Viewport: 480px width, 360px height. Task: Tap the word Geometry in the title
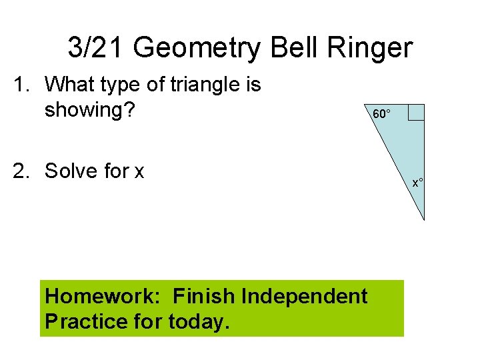(x=203, y=48)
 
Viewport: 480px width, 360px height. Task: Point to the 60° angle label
(x=382, y=114)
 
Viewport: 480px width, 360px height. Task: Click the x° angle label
(x=418, y=182)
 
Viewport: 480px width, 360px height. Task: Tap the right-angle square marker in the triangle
(x=416, y=112)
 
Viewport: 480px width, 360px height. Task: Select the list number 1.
(x=22, y=85)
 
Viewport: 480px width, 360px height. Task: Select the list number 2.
(x=22, y=171)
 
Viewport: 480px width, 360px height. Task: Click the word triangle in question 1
(x=200, y=85)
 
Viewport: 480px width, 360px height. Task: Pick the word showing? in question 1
(x=90, y=109)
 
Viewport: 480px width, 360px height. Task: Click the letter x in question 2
(x=139, y=171)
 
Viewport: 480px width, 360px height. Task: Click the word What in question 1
(x=71, y=85)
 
